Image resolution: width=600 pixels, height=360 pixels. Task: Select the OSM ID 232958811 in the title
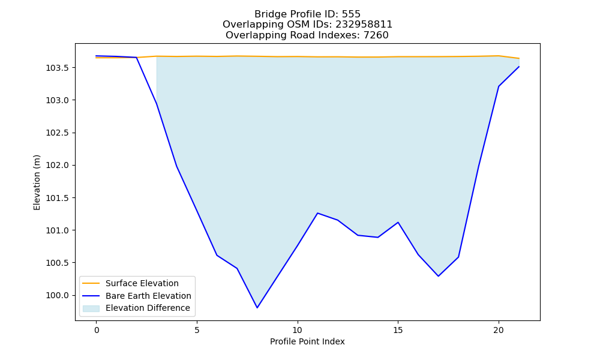pyautogui.click(x=364, y=25)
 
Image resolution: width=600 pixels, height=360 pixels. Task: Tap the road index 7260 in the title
pyautogui.click(x=376, y=35)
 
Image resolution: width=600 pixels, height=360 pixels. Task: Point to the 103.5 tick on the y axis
pyautogui.click(x=58, y=68)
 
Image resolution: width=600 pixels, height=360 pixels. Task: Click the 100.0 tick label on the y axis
pyautogui.click(x=58, y=295)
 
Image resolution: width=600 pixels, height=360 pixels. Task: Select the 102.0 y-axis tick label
pyautogui.click(x=58, y=165)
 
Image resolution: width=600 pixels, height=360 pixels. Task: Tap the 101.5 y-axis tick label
pyautogui.click(x=58, y=198)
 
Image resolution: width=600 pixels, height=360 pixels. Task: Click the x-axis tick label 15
pyautogui.click(x=398, y=330)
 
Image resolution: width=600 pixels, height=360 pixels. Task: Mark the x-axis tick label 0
pyautogui.click(x=97, y=330)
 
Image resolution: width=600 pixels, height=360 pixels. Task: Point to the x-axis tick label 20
pyautogui.click(x=499, y=330)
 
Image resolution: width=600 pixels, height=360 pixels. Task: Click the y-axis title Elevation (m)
pyautogui.click(x=37, y=182)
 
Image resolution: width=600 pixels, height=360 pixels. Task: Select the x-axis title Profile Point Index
pyautogui.click(x=307, y=341)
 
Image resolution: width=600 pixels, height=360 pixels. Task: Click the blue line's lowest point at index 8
pyautogui.click(x=257, y=308)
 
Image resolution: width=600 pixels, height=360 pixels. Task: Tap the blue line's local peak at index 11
pyautogui.click(x=317, y=213)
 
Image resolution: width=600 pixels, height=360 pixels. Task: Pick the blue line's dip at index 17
pyautogui.click(x=438, y=276)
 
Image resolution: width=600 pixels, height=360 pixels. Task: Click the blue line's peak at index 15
pyautogui.click(x=398, y=222)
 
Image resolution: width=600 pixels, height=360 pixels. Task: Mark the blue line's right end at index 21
pyautogui.click(x=519, y=67)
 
